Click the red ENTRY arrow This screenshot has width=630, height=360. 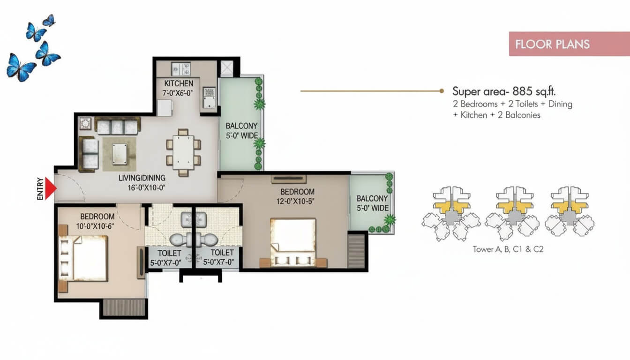pos(51,188)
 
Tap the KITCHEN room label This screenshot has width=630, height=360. pos(179,83)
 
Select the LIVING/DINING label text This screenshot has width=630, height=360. pos(142,178)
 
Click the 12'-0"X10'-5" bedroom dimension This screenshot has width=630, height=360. pos(295,202)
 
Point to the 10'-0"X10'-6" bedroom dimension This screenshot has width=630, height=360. pos(95,226)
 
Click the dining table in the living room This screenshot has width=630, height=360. pos(183,152)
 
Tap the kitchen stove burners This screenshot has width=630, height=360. pos(181,69)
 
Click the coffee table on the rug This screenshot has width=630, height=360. pos(120,154)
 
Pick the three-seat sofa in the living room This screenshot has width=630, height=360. pos(117,126)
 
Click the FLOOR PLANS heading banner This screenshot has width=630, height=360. pos(569,44)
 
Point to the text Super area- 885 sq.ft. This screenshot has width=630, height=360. pos(504,91)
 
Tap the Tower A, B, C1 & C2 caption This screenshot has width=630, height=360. pos(508,249)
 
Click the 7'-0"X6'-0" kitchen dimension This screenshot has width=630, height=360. pos(178,93)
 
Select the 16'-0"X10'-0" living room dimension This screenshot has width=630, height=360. pos(146,187)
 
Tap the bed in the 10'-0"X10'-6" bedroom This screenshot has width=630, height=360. pos(83,258)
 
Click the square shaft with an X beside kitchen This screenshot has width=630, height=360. pos(227,68)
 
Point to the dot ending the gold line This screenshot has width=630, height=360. pos(442,91)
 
